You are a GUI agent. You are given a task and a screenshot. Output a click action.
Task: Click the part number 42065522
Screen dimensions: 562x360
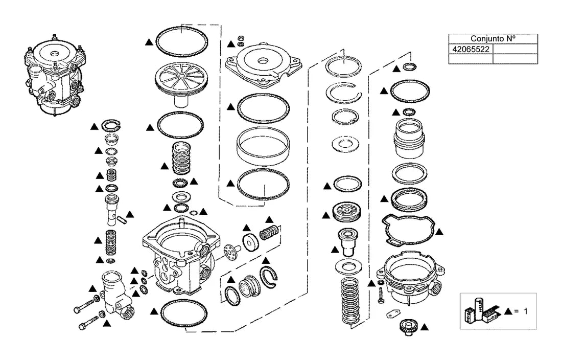click(x=471, y=49)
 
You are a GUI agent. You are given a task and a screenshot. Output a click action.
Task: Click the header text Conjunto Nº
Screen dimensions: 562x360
click(x=493, y=38)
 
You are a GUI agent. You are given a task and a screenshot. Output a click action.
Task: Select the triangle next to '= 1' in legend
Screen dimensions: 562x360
click(x=507, y=311)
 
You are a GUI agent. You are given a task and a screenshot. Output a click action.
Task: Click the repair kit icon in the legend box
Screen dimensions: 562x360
click(x=480, y=310)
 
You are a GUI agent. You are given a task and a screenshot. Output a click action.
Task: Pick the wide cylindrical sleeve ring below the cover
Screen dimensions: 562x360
click(x=263, y=146)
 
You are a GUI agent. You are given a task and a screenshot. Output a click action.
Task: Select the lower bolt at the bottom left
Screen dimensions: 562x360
click(x=88, y=322)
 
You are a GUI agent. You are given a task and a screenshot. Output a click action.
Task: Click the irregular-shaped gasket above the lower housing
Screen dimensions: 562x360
click(x=407, y=230)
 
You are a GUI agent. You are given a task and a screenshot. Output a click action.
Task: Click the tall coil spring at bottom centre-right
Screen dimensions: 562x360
click(x=349, y=301)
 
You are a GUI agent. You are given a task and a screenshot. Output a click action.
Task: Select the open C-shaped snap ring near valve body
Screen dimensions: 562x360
click(x=268, y=277)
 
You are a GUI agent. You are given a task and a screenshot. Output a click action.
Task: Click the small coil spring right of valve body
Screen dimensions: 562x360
click(x=269, y=233)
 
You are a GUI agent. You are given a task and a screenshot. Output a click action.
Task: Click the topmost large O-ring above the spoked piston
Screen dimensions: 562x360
click(x=182, y=41)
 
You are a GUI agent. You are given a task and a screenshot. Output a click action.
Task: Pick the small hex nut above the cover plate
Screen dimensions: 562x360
click(x=241, y=38)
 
